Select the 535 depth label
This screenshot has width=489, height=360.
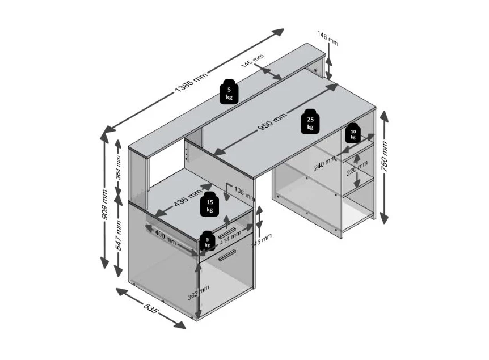click(x=150, y=310)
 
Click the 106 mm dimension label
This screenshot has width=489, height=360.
click(x=243, y=193)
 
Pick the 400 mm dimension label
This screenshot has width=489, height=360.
click(x=166, y=236)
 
